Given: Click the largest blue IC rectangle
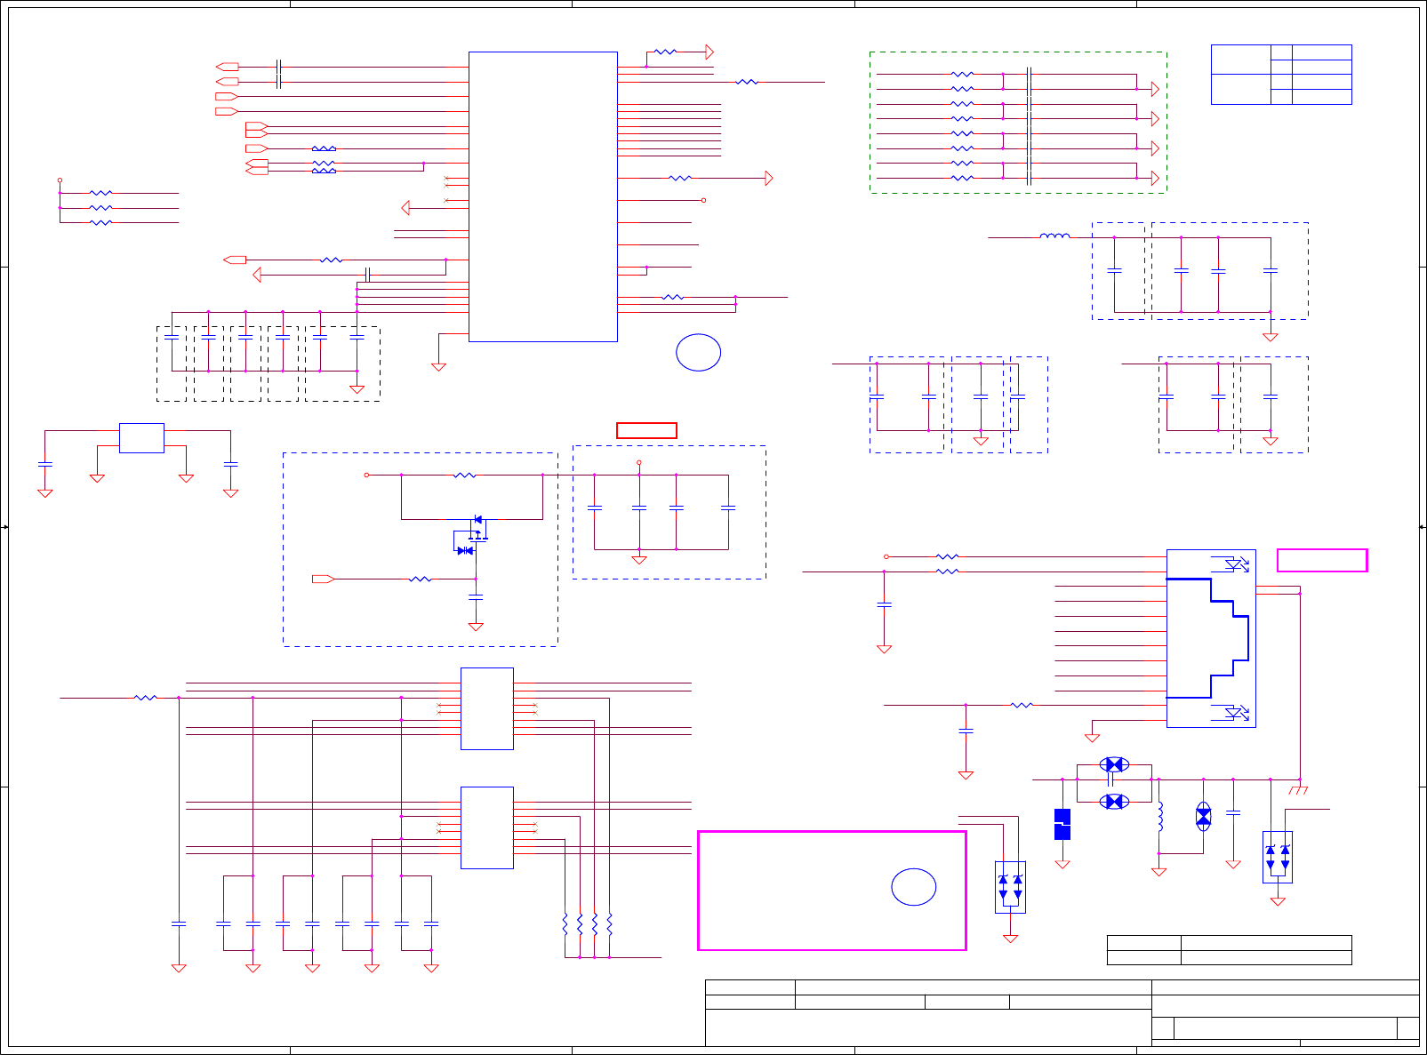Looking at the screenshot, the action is (542, 196).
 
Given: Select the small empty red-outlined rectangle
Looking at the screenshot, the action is (646, 431).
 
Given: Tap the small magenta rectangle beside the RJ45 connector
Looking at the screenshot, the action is (1321, 560).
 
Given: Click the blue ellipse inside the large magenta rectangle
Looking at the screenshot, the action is (913, 887).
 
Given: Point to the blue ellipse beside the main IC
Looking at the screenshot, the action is (698, 353).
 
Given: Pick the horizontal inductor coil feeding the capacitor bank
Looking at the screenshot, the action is (1054, 236).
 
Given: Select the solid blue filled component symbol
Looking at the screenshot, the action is (1062, 824).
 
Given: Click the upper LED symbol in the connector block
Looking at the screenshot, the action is (1236, 564).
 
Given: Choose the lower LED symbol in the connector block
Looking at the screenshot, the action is (1236, 713).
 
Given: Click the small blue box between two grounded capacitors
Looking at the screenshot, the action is (141, 438).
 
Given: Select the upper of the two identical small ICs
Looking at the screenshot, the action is (486, 708).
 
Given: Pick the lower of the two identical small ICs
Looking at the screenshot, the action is (486, 827).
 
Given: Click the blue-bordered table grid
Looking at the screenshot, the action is (1280, 75).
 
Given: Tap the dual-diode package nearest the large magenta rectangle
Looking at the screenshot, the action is (1010, 886).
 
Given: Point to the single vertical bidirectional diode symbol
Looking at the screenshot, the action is (1203, 817).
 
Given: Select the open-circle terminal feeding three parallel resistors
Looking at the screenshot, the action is (60, 180).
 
